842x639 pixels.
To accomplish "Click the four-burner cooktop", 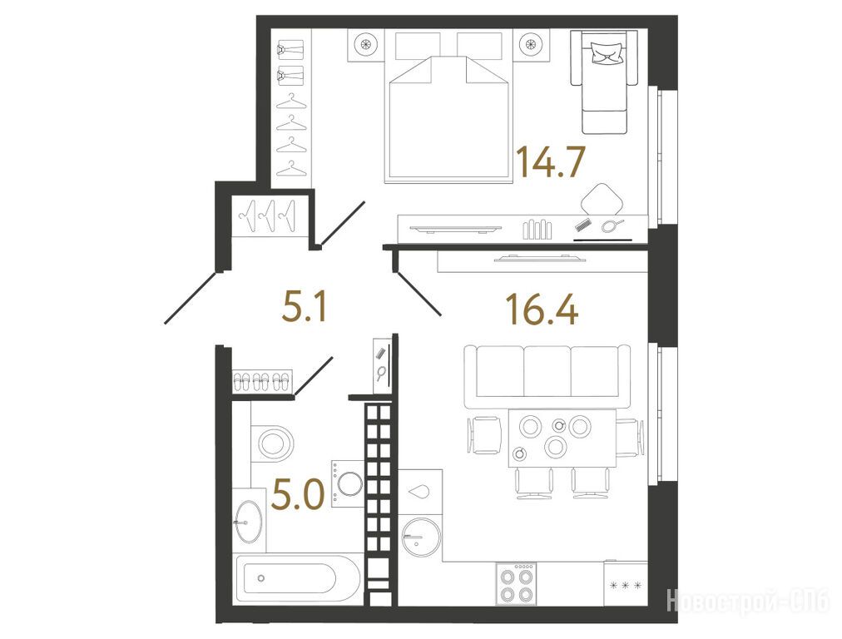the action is [x=516, y=582].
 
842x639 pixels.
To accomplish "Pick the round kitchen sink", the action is [x=421, y=537].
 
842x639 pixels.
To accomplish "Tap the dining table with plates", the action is [x=562, y=438].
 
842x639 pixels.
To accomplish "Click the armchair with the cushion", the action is [x=605, y=81].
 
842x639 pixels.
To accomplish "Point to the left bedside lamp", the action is [x=366, y=46].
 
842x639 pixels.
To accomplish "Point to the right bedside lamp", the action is [x=531, y=46].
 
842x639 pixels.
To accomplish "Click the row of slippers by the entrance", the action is [x=262, y=381].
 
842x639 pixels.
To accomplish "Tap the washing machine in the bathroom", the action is [x=348, y=483].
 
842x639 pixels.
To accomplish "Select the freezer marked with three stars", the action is [x=626, y=583].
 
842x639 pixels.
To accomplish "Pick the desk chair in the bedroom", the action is [x=602, y=199].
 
